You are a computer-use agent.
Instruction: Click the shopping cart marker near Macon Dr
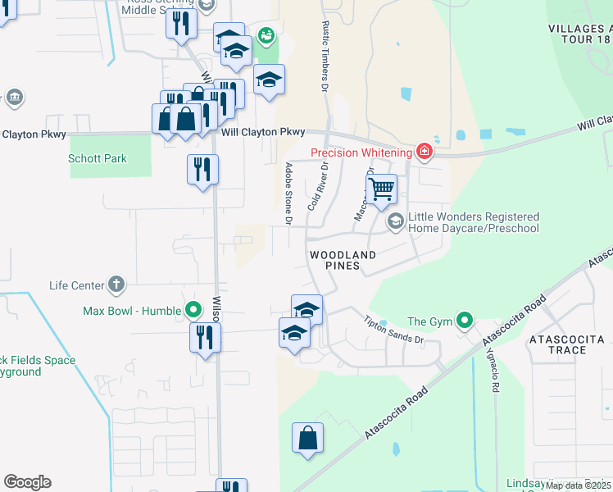(x=381, y=189)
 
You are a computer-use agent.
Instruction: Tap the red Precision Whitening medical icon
(x=424, y=151)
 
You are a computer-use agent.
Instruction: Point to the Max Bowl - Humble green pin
(x=193, y=310)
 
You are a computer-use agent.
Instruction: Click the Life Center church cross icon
(x=116, y=285)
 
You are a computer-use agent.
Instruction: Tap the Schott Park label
(x=98, y=158)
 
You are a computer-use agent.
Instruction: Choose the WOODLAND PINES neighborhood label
(x=343, y=261)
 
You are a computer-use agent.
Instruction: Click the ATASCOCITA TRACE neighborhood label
(x=567, y=344)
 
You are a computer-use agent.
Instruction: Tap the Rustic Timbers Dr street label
(x=325, y=56)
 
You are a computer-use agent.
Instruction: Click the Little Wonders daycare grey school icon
(x=396, y=221)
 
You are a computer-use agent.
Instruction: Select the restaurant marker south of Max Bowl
(x=204, y=337)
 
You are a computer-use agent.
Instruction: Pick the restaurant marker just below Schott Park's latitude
(x=202, y=170)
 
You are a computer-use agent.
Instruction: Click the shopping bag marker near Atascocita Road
(x=307, y=438)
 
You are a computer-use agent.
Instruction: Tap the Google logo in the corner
(x=27, y=482)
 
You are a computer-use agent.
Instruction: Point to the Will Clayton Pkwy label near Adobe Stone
(x=263, y=132)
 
